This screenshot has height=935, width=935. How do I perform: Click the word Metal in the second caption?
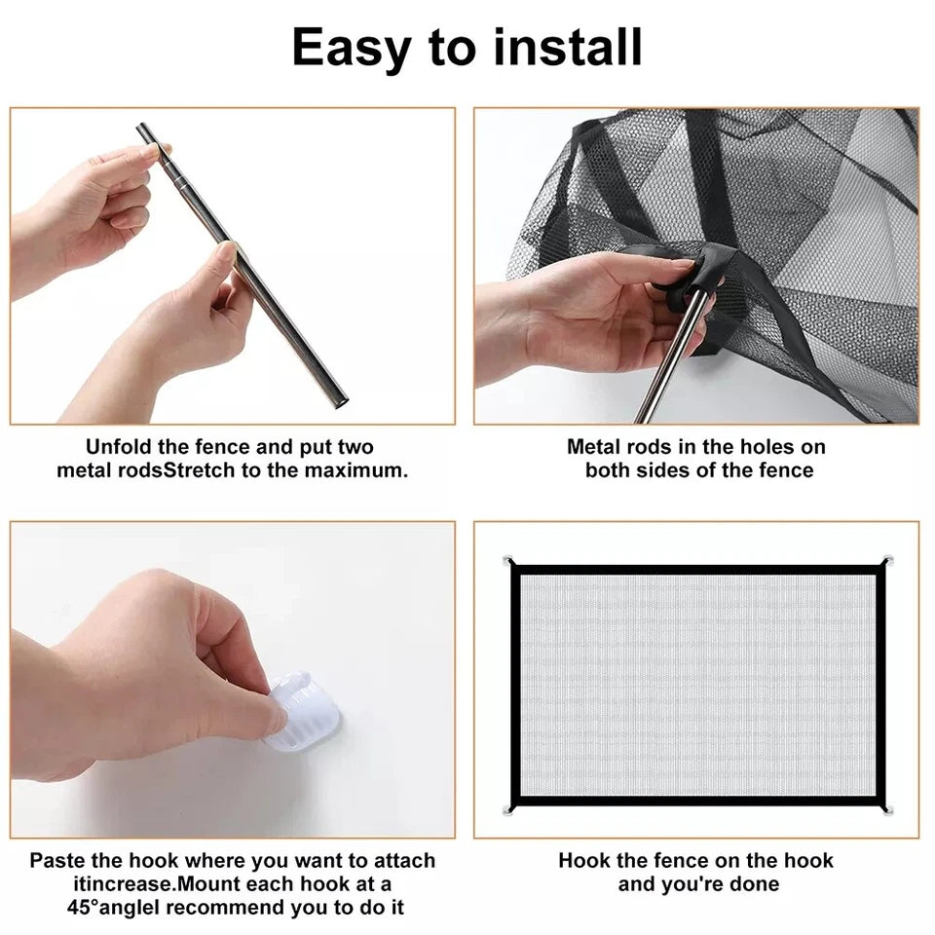pos(595,447)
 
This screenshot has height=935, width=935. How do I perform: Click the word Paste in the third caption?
pos(57,861)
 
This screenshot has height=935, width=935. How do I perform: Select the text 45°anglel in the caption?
pos(108,908)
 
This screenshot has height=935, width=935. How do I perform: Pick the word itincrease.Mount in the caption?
pos(165,884)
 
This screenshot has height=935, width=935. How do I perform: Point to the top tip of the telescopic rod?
pos(142,129)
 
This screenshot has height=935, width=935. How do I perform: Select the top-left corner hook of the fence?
pos(508,561)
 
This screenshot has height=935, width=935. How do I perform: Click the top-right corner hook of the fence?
pos(886,561)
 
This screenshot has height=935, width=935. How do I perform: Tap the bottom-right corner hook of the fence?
pos(886,808)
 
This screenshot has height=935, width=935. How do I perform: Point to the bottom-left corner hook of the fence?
pos(508,808)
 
